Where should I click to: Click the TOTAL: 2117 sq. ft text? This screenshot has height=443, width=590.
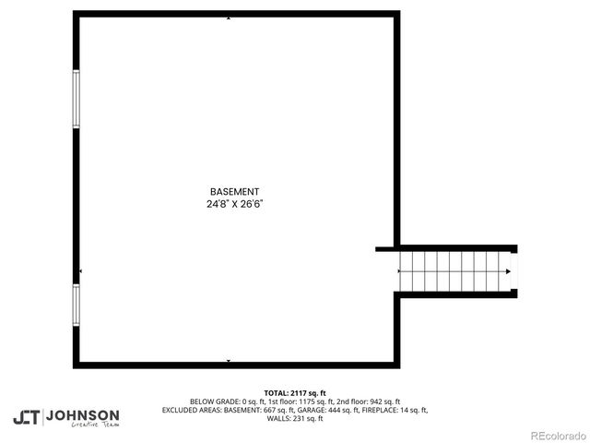click(295, 393)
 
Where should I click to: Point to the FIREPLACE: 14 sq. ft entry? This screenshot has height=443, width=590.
click(399, 410)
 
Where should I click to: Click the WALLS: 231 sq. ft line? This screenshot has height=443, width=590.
click(295, 418)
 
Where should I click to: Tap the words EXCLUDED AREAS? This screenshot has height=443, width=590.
click(191, 410)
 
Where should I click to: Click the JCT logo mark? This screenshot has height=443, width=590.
click(26, 416)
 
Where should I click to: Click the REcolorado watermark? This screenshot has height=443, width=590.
click(555, 435)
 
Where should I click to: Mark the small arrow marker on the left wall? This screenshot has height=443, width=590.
click(80, 271)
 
